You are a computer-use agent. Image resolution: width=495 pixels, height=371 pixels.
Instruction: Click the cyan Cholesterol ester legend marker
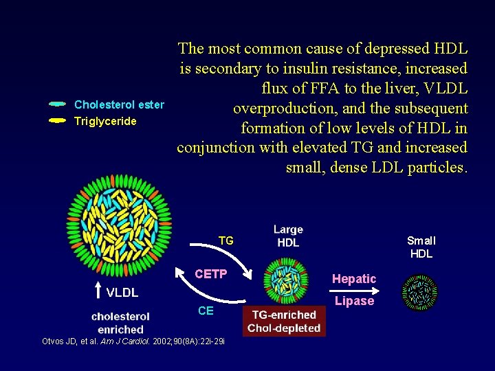[58, 104]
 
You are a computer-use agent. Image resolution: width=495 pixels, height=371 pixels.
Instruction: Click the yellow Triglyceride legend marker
[58, 121]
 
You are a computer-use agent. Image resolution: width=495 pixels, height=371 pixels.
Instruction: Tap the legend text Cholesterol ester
[119, 104]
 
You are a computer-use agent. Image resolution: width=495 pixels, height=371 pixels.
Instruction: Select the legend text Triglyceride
[105, 121]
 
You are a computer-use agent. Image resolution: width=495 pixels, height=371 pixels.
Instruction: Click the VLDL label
[122, 292]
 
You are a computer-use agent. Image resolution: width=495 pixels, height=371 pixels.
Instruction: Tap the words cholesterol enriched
[120, 323]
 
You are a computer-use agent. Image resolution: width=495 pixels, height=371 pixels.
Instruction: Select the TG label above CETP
[225, 240]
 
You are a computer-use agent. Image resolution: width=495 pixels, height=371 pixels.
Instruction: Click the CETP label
[210, 274]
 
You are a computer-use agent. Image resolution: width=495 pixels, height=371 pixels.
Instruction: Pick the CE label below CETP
[206, 311]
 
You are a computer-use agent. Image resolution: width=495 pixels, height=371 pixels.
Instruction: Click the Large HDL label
[288, 236]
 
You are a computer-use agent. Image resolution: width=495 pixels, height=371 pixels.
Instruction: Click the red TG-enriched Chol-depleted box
[284, 322]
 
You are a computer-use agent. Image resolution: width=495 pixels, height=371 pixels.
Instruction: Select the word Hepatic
[354, 278]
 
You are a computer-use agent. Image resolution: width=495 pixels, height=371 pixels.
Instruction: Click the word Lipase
[354, 301]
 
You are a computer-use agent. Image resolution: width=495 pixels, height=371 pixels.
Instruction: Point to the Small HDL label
[421, 247]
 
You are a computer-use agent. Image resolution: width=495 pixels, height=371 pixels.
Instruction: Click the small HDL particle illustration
[419, 292]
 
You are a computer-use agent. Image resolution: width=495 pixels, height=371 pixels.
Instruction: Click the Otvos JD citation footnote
[133, 341]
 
